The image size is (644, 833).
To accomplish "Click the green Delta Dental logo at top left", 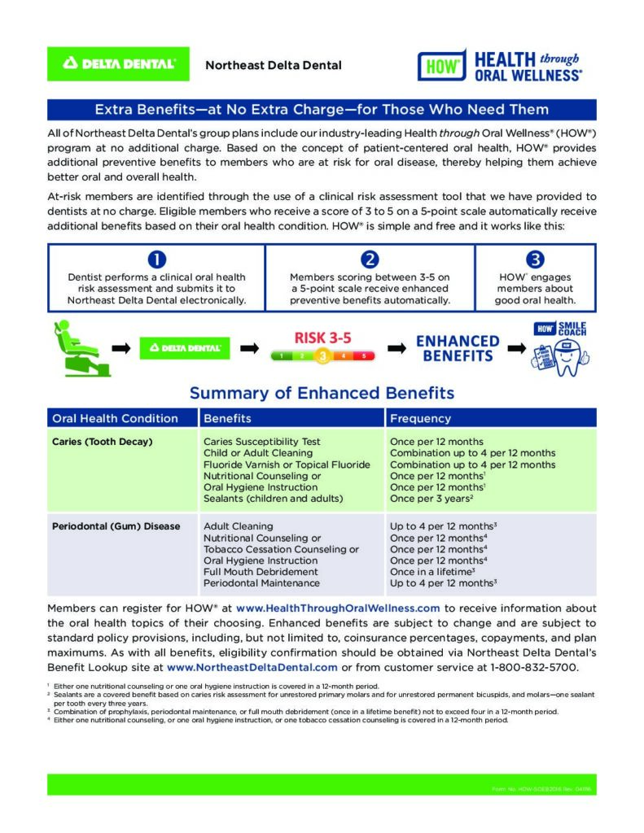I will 119,63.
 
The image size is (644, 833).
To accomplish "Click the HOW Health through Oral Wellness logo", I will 500,65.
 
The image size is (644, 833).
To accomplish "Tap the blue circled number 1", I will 156,259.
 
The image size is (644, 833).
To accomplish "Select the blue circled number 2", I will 370,259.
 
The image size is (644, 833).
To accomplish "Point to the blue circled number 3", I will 534,259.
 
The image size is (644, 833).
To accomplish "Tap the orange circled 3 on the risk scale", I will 322,355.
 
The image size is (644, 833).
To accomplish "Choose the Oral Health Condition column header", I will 115,418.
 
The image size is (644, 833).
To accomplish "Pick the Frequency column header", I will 420,418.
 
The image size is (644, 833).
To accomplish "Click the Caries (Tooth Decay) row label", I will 103,442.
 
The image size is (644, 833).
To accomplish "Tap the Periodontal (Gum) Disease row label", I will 116,526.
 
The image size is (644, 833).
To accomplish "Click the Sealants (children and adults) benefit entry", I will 274,498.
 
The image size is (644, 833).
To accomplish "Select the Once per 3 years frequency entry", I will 432,498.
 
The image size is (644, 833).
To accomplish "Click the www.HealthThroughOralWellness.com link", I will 338,608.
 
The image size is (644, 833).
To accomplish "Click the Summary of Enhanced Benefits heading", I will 322,393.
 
